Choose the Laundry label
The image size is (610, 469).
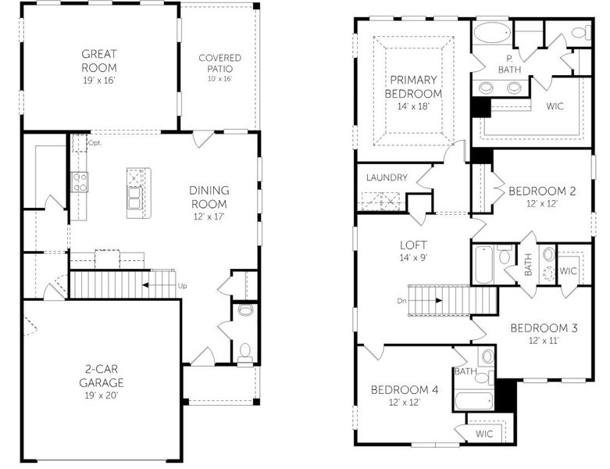point(387,177)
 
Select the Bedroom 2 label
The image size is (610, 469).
point(542,196)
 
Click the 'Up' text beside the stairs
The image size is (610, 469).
point(183,286)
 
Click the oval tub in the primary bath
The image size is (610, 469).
point(492,34)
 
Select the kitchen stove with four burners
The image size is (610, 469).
point(80,182)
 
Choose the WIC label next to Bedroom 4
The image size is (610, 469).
point(485,433)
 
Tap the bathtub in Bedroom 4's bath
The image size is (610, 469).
point(472,401)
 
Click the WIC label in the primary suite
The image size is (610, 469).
point(555,106)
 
